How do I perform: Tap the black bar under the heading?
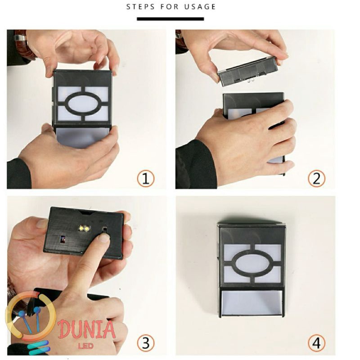click(x=171, y=19)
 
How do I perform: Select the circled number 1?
click(x=145, y=179)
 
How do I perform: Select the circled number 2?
click(x=316, y=179)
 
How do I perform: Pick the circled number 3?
click(x=145, y=343)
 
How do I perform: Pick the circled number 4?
click(x=316, y=343)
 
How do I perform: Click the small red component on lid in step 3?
click(x=63, y=237)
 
